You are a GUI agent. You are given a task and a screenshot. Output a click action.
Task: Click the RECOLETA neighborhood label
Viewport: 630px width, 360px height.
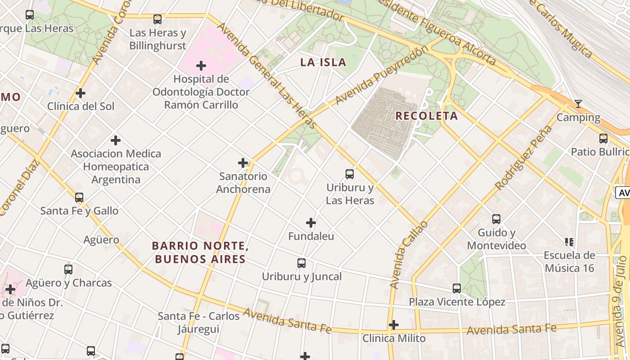(x=426, y=116)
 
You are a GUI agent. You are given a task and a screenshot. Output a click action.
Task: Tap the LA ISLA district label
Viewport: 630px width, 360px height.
(x=323, y=63)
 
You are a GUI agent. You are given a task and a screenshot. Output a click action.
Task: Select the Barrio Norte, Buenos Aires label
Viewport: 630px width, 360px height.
(x=200, y=252)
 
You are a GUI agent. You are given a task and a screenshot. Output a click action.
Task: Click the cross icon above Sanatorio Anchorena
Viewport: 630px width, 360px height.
(x=243, y=163)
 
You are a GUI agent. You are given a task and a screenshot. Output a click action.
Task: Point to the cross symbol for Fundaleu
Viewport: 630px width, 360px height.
(x=311, y=223)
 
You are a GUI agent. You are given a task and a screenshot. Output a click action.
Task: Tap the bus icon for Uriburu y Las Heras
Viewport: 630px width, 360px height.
(x=350, y=174)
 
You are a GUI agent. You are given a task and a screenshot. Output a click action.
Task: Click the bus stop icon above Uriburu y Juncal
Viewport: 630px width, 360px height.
(x=301, y=263)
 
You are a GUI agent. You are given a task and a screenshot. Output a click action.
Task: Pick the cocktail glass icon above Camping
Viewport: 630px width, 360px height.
(x=578, y=104)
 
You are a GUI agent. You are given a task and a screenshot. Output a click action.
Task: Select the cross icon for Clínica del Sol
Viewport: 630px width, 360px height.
(x=81, y=93)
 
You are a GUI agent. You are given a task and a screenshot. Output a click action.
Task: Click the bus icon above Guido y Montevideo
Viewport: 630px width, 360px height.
(x=496, y=219)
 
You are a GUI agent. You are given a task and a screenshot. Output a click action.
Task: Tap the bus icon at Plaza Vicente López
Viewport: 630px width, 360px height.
(x=457, y=288)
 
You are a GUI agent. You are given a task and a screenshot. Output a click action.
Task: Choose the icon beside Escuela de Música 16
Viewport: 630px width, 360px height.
(x=569, y=242)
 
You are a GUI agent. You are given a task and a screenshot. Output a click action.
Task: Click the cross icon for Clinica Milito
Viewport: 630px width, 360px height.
(x=394, y=325)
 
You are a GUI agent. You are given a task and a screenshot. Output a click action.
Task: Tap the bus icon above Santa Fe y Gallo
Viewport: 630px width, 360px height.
(x=79, y=198)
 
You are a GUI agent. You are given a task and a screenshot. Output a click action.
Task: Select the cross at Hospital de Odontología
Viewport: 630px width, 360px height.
(x=201, y=66)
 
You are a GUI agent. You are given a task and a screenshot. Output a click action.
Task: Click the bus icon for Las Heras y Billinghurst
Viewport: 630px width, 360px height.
(x=157, y=19)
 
